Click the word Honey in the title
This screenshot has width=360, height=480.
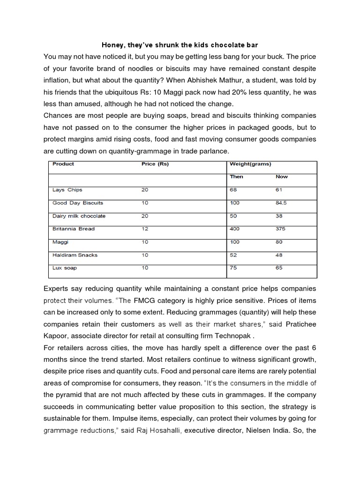tap(112, 45)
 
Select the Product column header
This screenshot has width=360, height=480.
tap(63, 164)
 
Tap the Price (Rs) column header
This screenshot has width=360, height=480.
tap(155, 164)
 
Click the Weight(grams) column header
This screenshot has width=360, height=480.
tap(251, 164)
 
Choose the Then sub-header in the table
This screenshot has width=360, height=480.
tap(237, 177)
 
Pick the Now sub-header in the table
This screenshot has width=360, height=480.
tap(282, 177)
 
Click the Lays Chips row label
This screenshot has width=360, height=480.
tap(67, 190)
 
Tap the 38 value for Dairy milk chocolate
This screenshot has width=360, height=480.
tap(279, 216)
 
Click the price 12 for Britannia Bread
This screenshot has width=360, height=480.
tap(144, 229)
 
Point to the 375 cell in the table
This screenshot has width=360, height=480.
tap(281, 229)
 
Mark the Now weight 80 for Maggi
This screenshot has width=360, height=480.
tap(279, 242)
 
